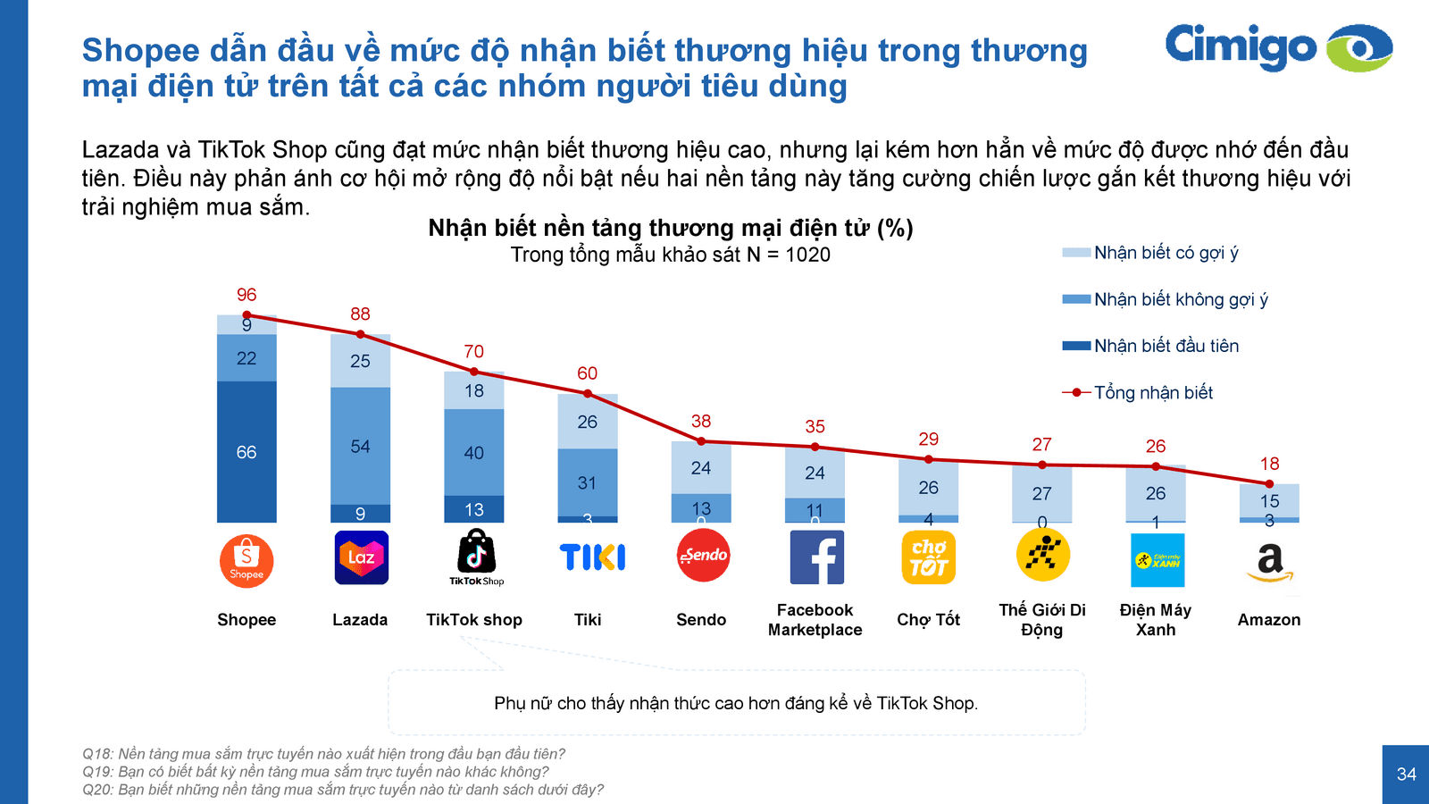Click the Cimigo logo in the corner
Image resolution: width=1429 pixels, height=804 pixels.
tap(1277, 47)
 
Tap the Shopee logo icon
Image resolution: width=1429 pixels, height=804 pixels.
tap(247, 561)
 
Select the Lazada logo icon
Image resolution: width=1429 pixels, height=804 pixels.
tap(361, 557)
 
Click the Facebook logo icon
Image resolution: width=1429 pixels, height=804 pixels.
tap(816, 557)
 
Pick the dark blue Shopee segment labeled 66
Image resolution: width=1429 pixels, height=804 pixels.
tap(247, 452)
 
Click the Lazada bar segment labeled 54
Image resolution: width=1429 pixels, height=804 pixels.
tap(360, 446)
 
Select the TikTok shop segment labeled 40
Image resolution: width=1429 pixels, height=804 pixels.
tap(473, 453)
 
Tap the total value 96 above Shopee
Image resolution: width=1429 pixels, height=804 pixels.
tap(247, 295)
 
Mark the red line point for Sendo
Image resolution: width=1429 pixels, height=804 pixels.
tap(701, 441)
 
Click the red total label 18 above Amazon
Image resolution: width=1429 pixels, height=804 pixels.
tap(1269, 464)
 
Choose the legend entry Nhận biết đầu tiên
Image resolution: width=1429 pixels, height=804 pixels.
tap(1166, 346)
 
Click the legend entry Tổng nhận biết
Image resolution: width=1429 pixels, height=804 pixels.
tap(1152, 392)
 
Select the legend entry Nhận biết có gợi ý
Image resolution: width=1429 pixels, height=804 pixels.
tap(1166, 253)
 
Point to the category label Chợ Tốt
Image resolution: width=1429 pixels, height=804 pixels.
tap(928, 620)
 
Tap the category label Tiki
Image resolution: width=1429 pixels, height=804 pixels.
tap(588, 620)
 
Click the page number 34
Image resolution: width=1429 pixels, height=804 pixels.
tap(1406, 775)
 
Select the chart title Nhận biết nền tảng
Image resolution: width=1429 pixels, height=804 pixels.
tap(670, 229)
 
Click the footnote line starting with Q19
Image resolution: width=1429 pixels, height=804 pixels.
tap(315, 772)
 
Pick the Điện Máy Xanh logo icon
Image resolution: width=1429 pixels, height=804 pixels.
tap(1157, 560)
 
